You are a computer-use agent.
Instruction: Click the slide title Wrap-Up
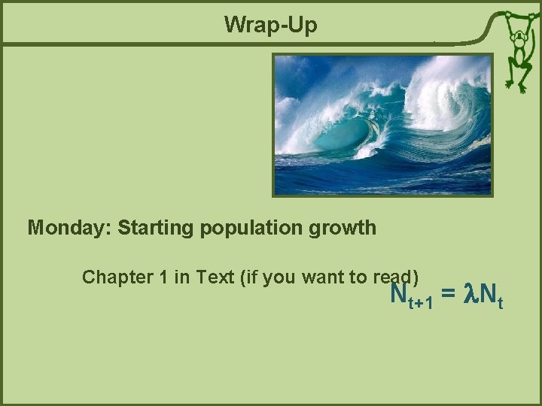[270, 25]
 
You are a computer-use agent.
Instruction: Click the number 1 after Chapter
[163, 277]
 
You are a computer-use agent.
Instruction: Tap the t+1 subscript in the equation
[422, 302]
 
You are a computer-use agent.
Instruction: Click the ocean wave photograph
[382, 124]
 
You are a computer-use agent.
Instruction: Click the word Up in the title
[303, 25]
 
